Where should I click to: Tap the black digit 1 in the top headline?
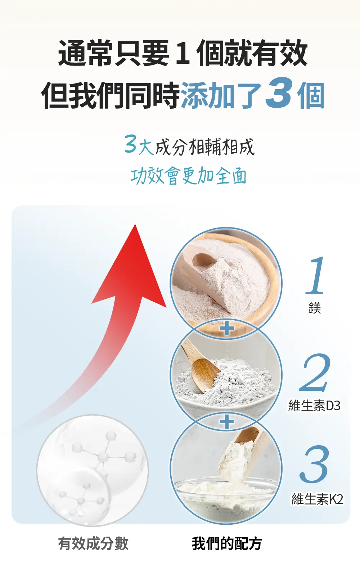(x=183, y=52)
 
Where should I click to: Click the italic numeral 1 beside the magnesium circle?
(x=316, y=275)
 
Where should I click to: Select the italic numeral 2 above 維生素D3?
(x=315, y=372)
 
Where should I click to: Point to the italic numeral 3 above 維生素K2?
(x=314, y=464)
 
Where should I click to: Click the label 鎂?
(x=315, y=308)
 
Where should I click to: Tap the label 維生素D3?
(x=314, y=405)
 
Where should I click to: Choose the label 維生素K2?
(x=318, y=499)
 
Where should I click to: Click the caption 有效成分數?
(x=93, y=543)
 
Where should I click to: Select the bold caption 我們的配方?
(x=227, y=543)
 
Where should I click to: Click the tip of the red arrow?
(x=135, y=224)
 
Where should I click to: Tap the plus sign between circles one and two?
(x=227, y=329)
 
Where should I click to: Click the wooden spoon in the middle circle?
(x=201, y=367)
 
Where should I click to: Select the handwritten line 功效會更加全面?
(x=189, y=176)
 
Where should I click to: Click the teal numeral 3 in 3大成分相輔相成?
(x=130, y=144)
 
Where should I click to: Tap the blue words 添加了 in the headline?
(x=221, y=95)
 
